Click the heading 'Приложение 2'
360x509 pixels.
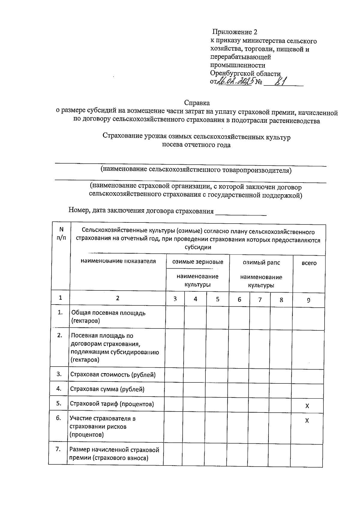[235, 32]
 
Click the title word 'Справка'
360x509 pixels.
[197, 103]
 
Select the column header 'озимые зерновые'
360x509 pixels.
[197, 262]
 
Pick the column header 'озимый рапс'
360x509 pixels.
[261, 263]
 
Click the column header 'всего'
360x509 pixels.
[309, 263]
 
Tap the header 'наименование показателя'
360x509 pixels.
[118, 261]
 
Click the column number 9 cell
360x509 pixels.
[308, 300]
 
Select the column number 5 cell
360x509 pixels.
[217, 299]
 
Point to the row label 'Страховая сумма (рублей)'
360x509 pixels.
[107, 389]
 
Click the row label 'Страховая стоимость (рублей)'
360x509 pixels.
[113, 375]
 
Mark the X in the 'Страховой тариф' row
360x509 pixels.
[307, 406]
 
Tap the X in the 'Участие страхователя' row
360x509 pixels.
[307, 421]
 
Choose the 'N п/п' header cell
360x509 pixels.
[61, 234]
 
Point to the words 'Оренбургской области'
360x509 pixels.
[245, 73]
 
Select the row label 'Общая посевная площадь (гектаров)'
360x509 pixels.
[108, 317]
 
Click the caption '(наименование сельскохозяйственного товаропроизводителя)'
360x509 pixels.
[196, 170]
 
